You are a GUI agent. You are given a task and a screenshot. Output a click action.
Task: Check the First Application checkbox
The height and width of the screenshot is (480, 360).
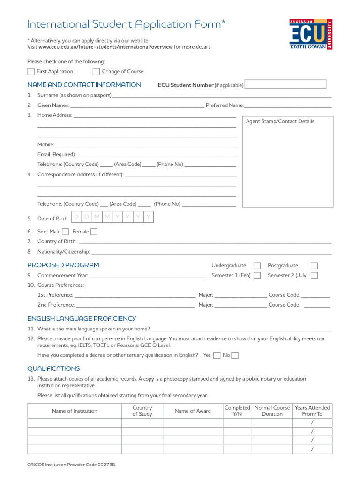point(31,72)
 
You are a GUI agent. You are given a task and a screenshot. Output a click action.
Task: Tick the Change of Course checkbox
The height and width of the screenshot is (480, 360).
point(96,72)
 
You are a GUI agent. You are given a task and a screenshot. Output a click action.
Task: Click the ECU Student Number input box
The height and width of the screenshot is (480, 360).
point(285,84)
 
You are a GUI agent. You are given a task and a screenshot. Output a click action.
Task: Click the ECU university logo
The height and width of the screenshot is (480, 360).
point(311,35)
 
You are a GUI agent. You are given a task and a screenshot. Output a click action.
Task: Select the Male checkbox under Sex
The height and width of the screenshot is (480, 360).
point(66,232)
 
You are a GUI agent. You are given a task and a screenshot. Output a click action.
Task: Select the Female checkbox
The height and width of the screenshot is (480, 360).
point(94,232)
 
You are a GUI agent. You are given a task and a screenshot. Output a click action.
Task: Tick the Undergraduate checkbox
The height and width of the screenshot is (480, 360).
point(257,266)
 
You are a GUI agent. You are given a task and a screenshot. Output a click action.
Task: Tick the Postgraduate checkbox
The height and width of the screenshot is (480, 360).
point(314,266)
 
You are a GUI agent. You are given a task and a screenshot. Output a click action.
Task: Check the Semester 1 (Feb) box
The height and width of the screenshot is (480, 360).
point(257,276)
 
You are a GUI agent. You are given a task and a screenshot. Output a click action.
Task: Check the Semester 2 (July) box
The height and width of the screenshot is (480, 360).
point(314,276)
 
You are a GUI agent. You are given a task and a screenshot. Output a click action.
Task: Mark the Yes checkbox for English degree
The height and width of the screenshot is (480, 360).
point(217,355)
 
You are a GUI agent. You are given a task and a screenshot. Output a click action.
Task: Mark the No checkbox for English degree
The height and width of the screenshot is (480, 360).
point(235,355)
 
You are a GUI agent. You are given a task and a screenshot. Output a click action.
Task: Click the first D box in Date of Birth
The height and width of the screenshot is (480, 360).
point(76,217)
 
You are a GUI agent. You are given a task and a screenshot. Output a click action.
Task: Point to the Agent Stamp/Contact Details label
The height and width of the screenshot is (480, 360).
point(280,121)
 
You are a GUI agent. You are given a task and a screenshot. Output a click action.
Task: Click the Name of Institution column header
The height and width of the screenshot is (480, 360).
point(75,411)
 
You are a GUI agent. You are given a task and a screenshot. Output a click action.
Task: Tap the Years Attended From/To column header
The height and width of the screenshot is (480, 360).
point(312,411)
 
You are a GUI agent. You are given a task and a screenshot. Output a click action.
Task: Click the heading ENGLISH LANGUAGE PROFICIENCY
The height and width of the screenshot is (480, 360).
point(82,319)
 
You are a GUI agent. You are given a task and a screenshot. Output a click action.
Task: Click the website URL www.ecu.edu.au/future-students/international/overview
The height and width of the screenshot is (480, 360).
point(105,47)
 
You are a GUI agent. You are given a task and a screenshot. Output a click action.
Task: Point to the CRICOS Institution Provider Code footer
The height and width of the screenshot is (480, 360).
point(71,464)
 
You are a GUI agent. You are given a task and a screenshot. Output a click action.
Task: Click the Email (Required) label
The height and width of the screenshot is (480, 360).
point(56,154)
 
